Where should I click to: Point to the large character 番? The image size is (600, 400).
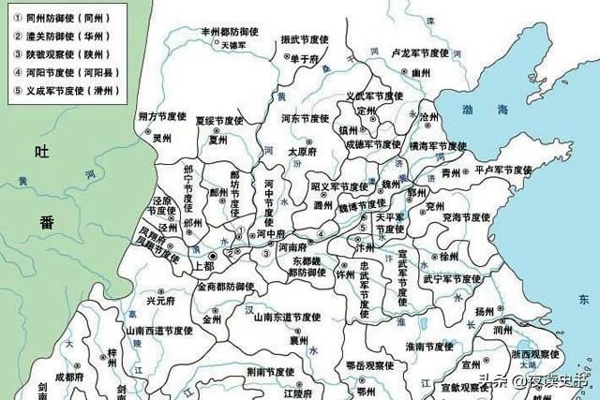tap(47, 221)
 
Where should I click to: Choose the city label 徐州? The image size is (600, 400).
tap(449, 256)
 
